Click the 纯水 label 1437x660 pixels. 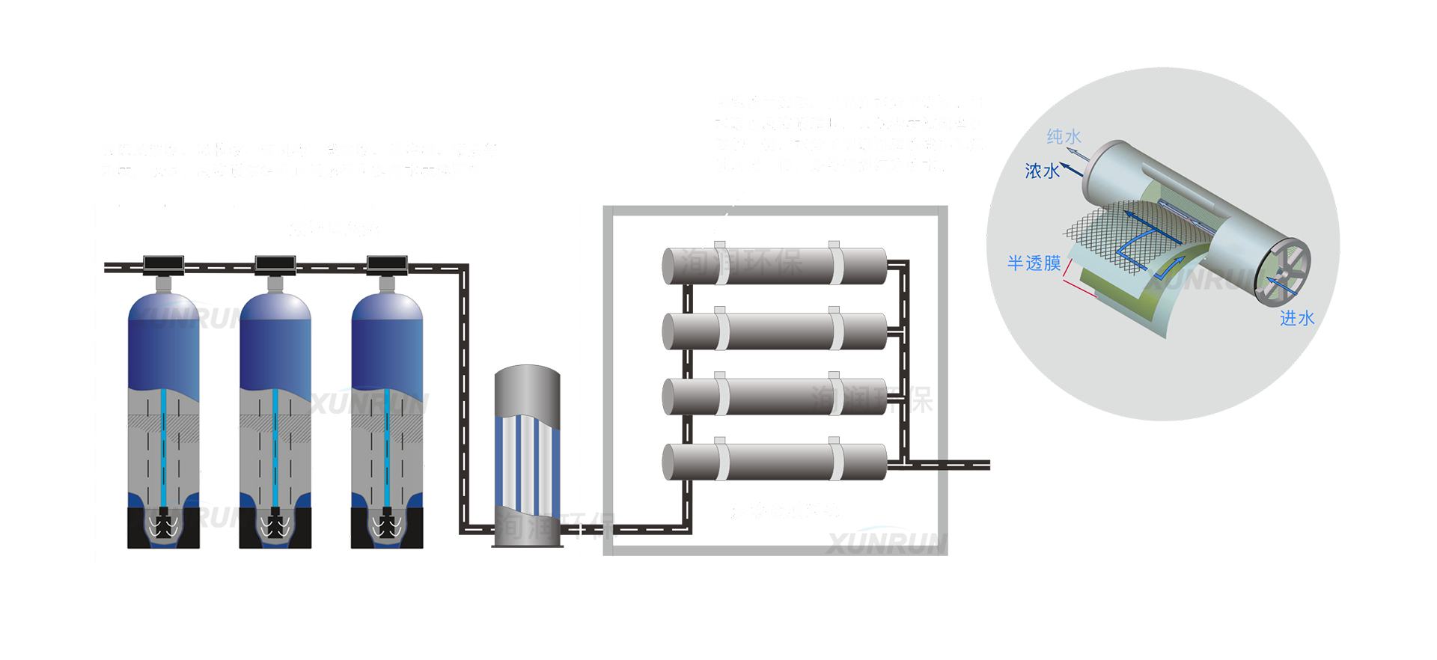coord(1064,136)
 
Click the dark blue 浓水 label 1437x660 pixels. coord(1042,171)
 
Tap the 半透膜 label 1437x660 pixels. coord(1034,263)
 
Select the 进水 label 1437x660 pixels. coord(1297,319)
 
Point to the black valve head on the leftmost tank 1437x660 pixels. coord(163,263)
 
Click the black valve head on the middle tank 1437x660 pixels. coord(275,263)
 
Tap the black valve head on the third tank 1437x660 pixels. coord(387,263)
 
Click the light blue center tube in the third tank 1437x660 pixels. coord(387,449)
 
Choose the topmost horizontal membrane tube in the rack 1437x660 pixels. coord(775,266)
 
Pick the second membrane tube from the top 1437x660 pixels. coord(775,331)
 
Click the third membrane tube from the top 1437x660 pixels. coord(775,397)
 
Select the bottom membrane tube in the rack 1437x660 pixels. coord(775,462)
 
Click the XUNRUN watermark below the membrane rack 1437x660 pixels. coord(885,541)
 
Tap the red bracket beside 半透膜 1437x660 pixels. coord(1078,278)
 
